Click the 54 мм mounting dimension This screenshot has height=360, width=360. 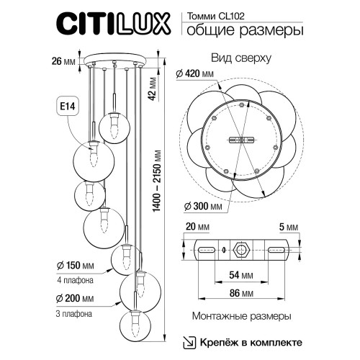tap(241, 275)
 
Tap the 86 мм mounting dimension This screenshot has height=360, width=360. tap(241, 293)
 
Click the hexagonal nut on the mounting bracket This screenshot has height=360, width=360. tap(241, 250)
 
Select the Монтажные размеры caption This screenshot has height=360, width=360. tap(241, 316)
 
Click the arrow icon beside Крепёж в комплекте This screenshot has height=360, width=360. tap(187, 341)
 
